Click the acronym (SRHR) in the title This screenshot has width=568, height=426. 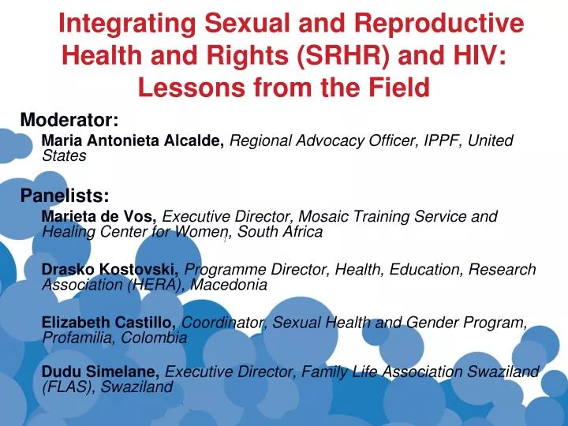point(342,55)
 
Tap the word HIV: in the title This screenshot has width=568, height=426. point(479,55)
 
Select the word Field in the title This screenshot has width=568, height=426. point(399,88)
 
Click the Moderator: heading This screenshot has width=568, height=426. point(69,120)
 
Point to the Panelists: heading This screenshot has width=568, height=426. point(65,196)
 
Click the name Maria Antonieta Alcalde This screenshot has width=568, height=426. point(133,140)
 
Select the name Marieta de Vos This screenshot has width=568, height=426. point(99,216)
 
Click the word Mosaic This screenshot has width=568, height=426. point(323,216)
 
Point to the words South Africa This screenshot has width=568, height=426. point(280,232)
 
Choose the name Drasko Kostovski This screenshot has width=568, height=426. point(110,270)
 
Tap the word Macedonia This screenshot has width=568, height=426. point(229,285)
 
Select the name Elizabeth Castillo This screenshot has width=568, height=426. point(109,323)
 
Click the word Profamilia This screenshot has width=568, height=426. point(78,338)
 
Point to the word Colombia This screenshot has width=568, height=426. point(154,338)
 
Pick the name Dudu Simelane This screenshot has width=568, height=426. point(100,372)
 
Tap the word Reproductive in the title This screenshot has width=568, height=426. point(440,23)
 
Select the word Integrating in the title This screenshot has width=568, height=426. point(127,24)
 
